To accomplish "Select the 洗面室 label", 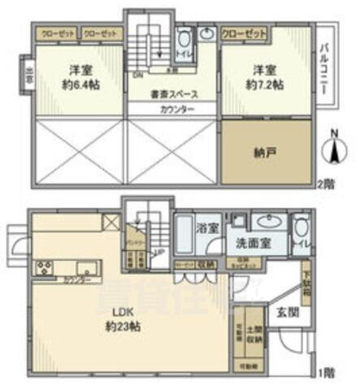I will click(255, 243).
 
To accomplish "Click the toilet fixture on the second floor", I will click(184, 40).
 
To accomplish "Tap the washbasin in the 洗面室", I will click(264, 222).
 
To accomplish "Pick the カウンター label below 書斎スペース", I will click(176, 110).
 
